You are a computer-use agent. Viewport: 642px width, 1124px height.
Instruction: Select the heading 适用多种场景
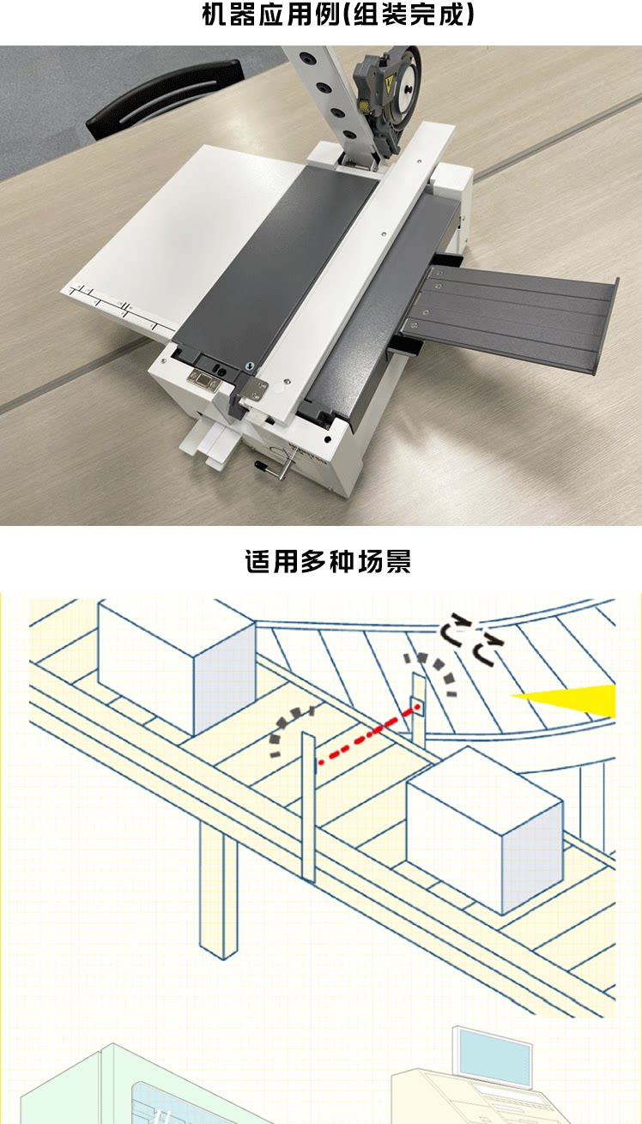point(328,563)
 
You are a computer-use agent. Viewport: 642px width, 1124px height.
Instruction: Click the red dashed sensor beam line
point(368,734)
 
